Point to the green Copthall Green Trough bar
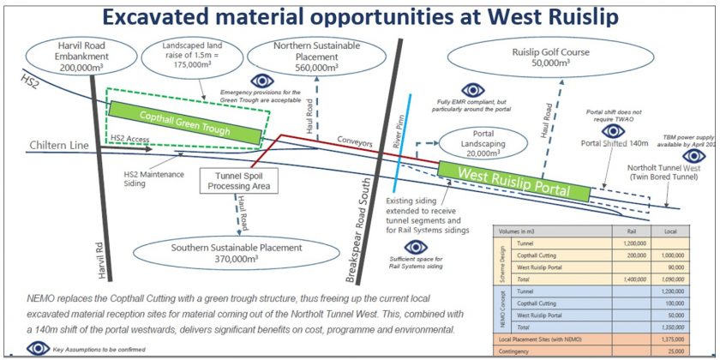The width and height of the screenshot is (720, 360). (183, 121)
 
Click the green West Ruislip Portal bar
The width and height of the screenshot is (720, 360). (513, 179)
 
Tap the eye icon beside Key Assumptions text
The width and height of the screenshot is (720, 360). (38, 348)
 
